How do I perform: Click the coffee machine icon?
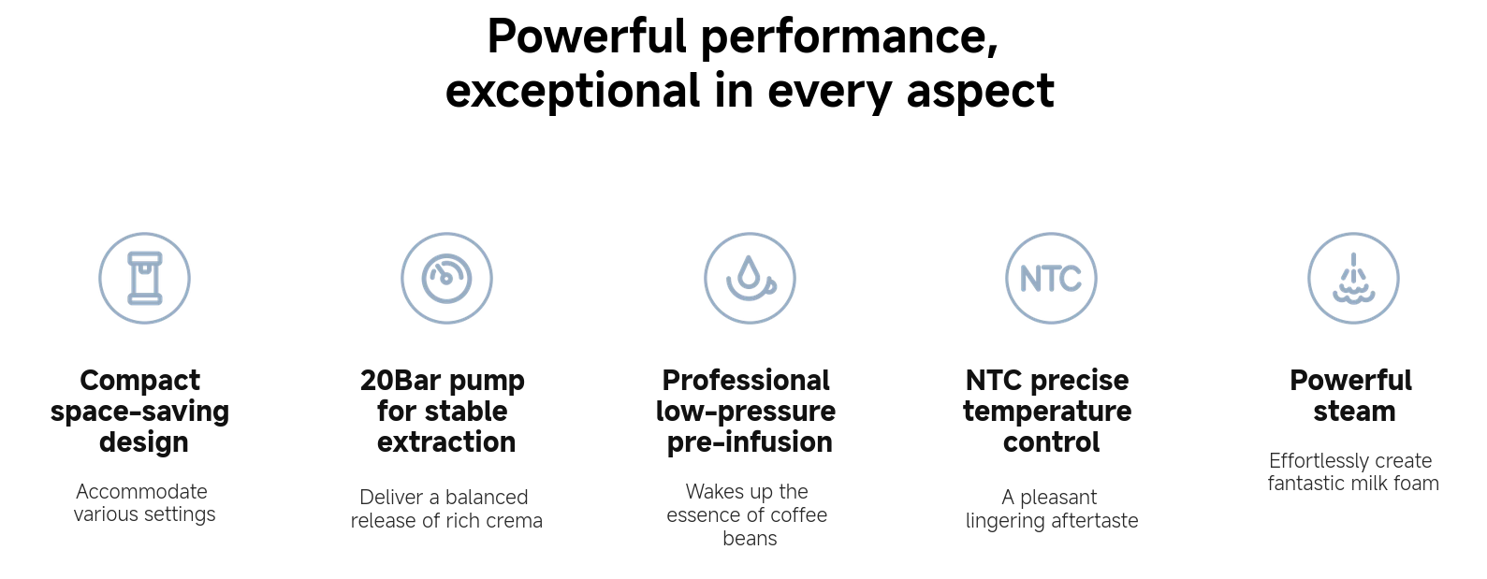(x=145, y=278)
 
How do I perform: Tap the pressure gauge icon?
(x=446, y=278)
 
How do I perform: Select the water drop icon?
(x=750, y=278)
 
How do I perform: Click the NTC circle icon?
(x=1052, y=278)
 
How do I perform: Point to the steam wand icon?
(x=1353, y=278)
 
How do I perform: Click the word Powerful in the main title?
(x=587, y=36)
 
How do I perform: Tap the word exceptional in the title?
(x=572, y=92)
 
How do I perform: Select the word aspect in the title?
(x=980, y=92)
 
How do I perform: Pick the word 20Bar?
(x=401, y=381)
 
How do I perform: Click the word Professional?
(x=746, y=381)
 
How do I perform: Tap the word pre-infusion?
(x=750, y=442)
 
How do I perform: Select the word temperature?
(x=1047, y=412)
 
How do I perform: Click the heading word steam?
(x=1354, y=412)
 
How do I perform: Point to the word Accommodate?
(x=141, y=491)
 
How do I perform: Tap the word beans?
(x=750, y=538)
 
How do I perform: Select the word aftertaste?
(x=1095, y=521)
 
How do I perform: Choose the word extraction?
(x=446, y=442)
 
